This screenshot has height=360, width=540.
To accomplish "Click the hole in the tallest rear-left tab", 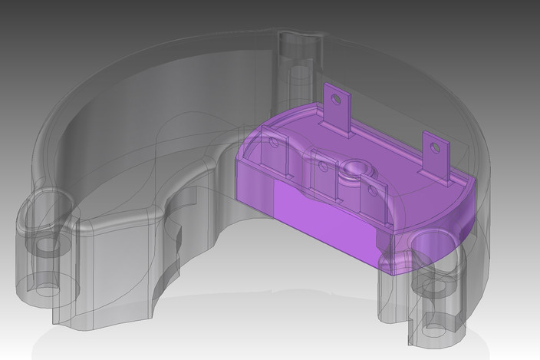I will [334, 98].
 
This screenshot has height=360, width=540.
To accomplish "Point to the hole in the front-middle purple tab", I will [323, 165].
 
